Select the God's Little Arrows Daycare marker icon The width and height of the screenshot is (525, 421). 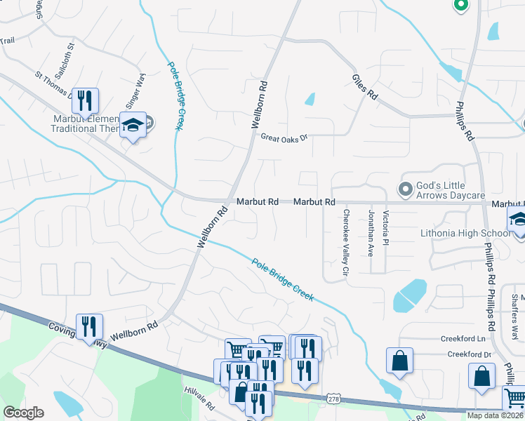[x=405, y=189]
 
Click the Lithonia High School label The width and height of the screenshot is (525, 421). [x=465, y=233]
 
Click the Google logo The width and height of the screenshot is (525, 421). [x=23, y=413]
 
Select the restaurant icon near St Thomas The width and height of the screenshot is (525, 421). [x=85, y=100]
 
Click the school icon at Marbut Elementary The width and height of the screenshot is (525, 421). [x=132, y=126]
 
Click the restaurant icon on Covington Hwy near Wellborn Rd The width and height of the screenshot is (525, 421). [x=89, y=326]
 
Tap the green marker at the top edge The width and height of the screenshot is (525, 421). [x=460, y=4]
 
